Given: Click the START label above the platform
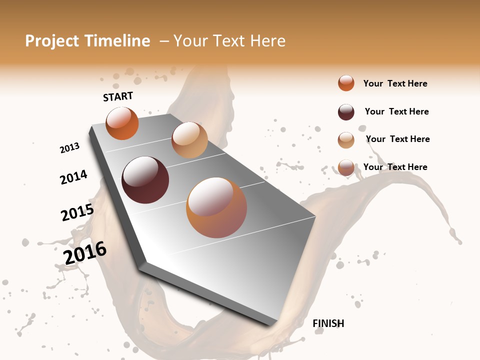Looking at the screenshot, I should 118,96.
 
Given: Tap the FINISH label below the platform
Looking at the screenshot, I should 328,323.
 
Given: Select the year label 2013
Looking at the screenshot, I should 70,148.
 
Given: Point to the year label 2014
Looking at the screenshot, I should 73,177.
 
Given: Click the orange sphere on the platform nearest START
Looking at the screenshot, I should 122,123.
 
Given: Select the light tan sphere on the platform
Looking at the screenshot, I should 189,140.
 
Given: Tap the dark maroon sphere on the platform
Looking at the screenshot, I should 145,180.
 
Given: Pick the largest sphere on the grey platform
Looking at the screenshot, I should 216,207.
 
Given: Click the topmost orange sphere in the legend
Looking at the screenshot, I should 346,83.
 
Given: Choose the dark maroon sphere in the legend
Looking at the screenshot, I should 346,112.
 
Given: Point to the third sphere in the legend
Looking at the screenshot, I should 346,140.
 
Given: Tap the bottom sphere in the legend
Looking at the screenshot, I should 346,168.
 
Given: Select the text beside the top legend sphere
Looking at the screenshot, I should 395,83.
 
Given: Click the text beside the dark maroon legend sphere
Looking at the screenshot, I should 396,111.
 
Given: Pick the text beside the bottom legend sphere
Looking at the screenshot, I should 395,167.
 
